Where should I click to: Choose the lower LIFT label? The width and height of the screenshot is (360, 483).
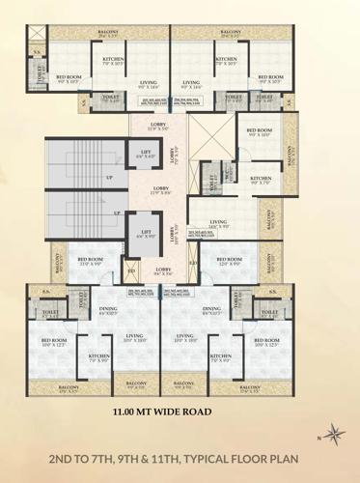pyautogui.click(x=144, y=234)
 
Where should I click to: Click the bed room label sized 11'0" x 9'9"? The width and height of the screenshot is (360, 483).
pyautogui.click(x=90, y=262)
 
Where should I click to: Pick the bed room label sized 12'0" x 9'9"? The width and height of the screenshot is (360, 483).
pyautogui.click(x=229, y=262)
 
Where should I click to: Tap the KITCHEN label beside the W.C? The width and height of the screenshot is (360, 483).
pyautogui.click(x=260, y=179)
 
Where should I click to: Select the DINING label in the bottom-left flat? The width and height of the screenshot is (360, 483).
pyautogui.click(x=108, y=310)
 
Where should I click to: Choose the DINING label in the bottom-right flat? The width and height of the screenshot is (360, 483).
pyautogui.click(x=211, y=310)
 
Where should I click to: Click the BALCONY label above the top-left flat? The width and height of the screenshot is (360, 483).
pyautogui.click(x=95, y=33)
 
